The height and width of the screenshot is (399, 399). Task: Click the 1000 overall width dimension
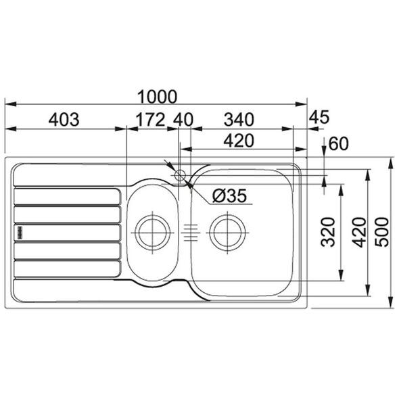coord(157,97)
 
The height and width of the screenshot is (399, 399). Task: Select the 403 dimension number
coord(64,120)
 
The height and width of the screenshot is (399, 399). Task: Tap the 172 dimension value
coord(151,120)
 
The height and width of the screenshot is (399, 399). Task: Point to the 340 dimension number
coord(239,120)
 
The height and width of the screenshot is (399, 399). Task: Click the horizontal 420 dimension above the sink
coord(239,141)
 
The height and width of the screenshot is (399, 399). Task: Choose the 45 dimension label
coord(319,117)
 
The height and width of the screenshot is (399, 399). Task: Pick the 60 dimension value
coord(338,144)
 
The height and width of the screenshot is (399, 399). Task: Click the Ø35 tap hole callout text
coord(229,196)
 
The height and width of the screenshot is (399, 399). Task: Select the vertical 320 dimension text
coord(328,232)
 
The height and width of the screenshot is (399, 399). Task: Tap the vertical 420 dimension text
coord(359,233)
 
